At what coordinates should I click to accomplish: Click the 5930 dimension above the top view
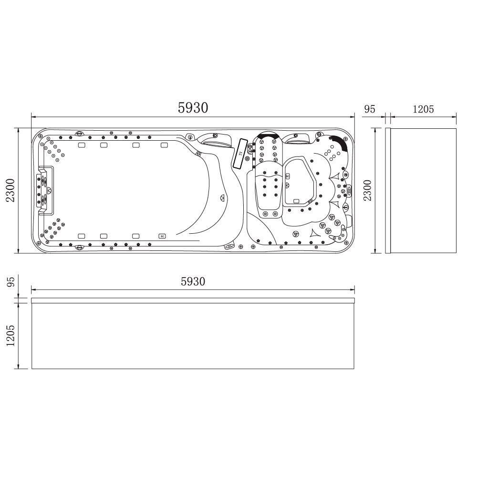(x=193, y=108)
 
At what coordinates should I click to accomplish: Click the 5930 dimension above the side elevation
(x=193, y=281)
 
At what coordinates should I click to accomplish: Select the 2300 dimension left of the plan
(x=10, y=190)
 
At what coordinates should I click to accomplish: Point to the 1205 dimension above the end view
(x=423, y=109)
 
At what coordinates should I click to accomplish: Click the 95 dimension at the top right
(x=370, y=109)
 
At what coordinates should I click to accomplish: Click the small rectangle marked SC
(x=162, y=236)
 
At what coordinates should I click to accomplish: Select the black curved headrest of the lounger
(x=268, y=136)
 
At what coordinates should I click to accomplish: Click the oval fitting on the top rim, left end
(x=79, y=133)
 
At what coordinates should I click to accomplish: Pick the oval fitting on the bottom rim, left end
(x=79, y=247)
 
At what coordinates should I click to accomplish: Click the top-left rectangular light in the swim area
(x=81, y=145)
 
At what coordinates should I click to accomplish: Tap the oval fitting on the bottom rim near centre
(x=228, y=246)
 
